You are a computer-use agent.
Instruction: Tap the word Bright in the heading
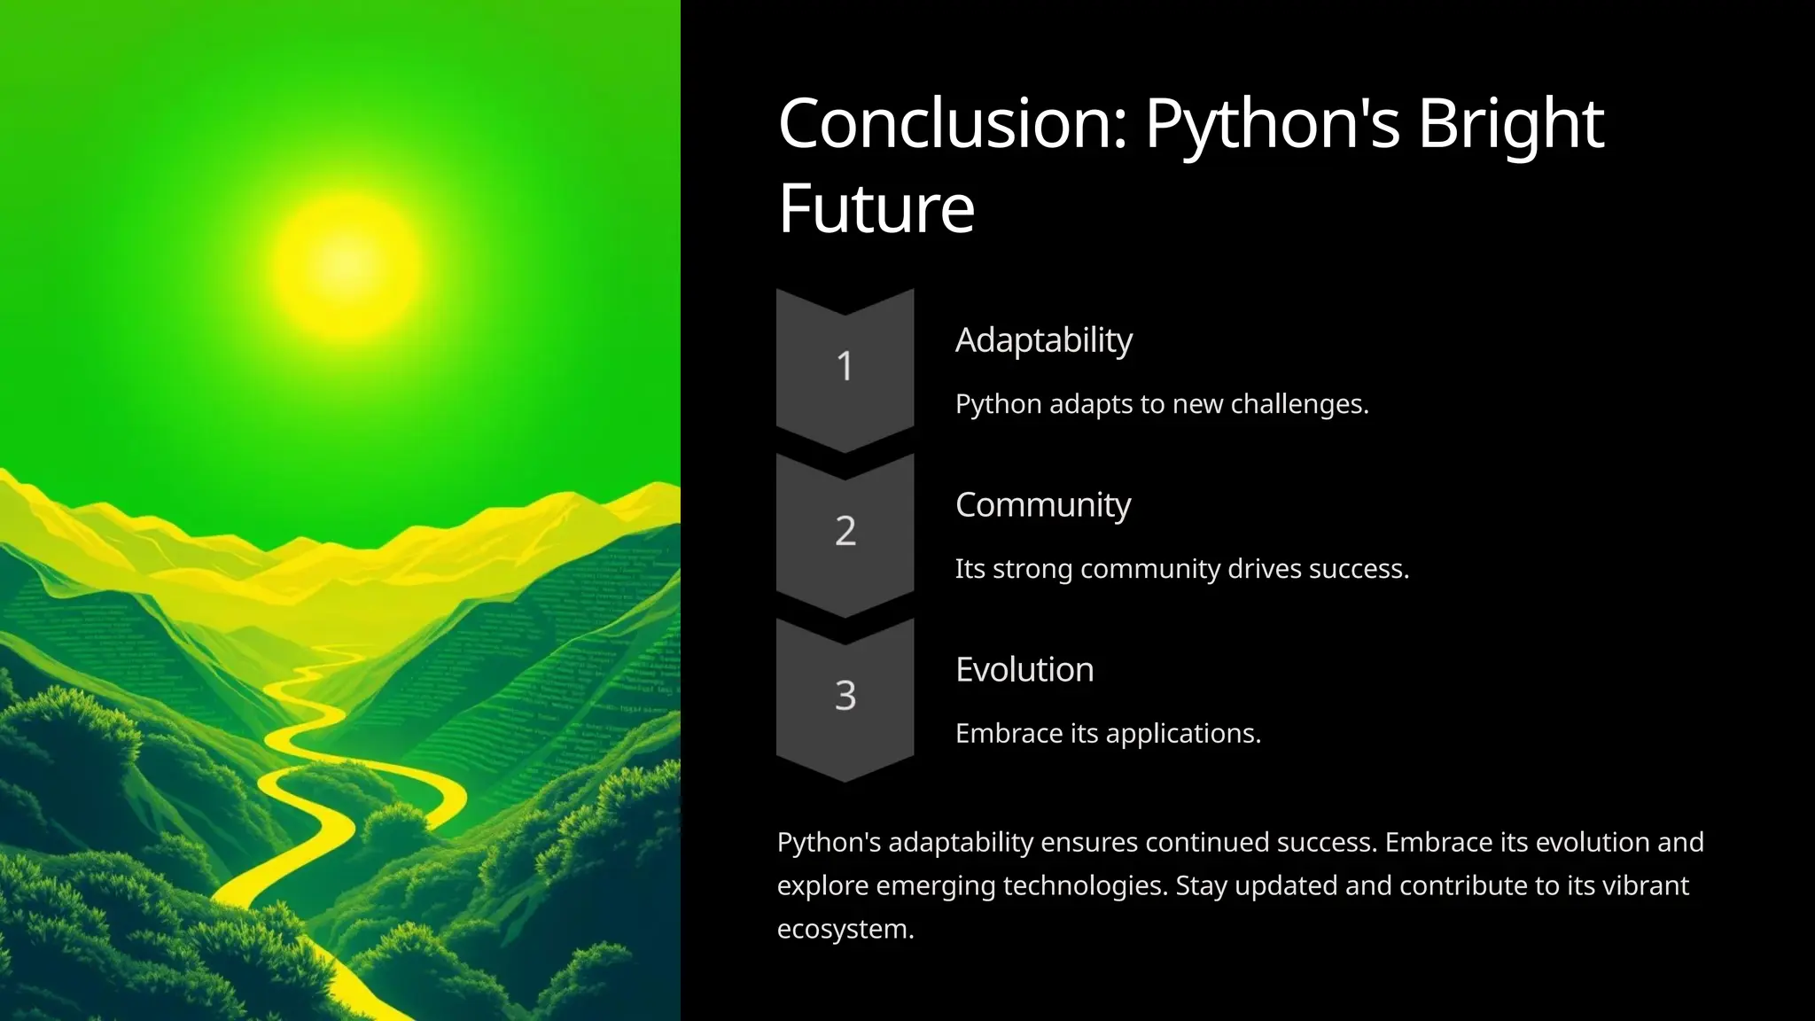click(1510, 124)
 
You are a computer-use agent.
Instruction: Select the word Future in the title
click(876, 209)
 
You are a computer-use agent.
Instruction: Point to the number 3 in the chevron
click(845, 696)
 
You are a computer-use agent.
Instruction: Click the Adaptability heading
click(1043, 341)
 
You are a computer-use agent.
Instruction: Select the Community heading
click(1042, 505)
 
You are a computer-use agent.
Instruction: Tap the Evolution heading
click(1024, 670)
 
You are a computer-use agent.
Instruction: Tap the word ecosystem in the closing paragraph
click(845, 930)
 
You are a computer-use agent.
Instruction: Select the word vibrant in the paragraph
click(1645, 886)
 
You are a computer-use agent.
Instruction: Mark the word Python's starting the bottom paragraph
click(828, 843)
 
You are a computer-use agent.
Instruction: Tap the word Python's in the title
click(1272, 124)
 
